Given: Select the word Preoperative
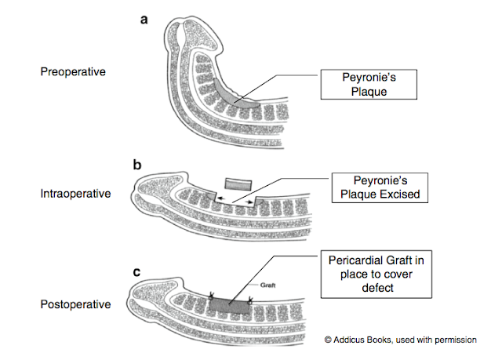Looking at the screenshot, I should (73, 72).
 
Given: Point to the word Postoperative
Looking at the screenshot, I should (75, 303).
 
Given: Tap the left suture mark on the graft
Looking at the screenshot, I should (211, 297).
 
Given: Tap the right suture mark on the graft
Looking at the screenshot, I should (250, 300).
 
